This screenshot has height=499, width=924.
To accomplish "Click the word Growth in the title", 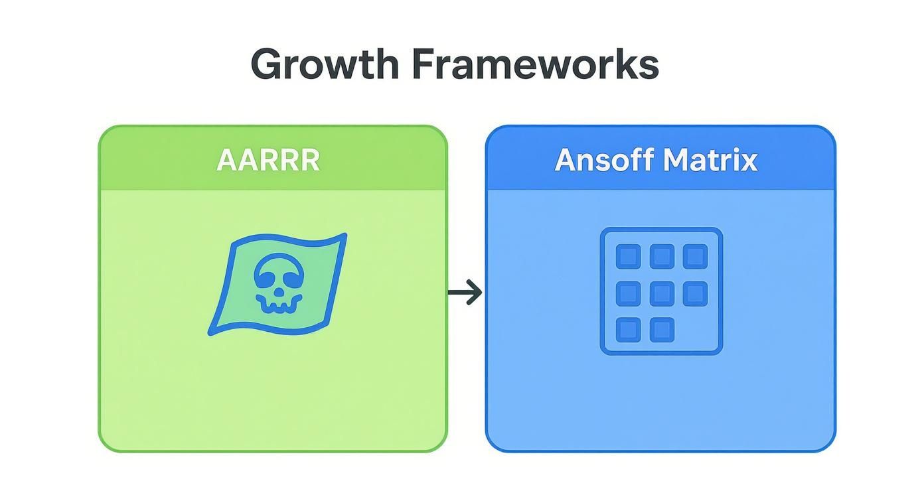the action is [325, 64].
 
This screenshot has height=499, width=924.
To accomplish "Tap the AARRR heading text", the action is [268, 160].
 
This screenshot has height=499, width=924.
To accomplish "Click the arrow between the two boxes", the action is [465, 293].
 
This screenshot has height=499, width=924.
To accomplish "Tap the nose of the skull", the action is [279, 292].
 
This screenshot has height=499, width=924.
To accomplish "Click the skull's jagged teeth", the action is [277, 305].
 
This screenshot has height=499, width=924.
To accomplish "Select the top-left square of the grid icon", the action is [628, 256].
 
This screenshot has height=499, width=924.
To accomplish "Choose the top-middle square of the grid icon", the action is [662, 256].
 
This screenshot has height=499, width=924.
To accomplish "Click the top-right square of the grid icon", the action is [696, 256].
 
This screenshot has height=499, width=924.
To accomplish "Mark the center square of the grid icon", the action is [662, 293].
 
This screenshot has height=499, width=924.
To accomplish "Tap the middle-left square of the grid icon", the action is [628, 293].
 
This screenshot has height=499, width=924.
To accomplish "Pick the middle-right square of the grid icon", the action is [696, 293].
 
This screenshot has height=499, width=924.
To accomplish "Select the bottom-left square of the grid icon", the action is [628, 330].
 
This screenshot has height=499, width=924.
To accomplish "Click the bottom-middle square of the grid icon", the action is [662, 330].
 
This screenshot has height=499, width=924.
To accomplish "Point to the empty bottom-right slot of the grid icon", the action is [696, 330].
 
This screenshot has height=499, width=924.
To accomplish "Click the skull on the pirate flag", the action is [278, 284].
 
